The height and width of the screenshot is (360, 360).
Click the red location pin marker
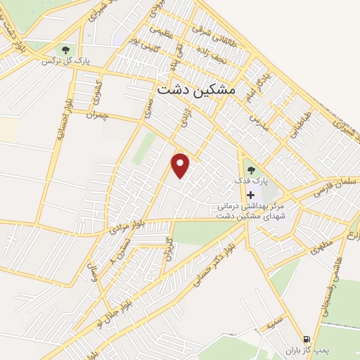[181, 165]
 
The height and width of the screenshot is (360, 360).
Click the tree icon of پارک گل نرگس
[65, 50]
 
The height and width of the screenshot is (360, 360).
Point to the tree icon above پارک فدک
[251, 169]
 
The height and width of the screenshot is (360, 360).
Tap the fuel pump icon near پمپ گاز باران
[306, 338]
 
